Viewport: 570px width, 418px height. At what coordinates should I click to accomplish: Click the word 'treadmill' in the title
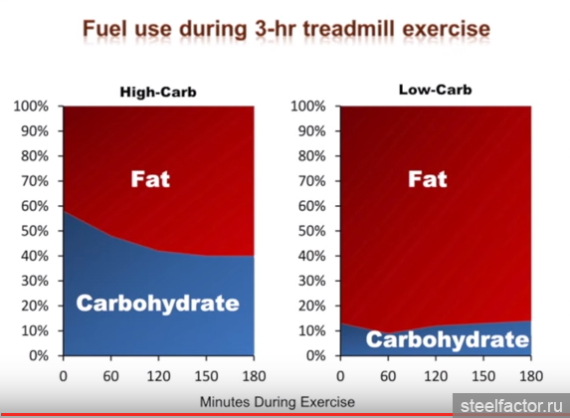click(348, 29)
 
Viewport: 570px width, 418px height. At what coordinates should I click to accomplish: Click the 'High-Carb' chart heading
click(158, 92)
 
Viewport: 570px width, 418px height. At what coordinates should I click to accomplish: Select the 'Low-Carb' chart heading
click(435, 90)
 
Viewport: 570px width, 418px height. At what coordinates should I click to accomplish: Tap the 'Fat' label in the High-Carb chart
click(150, 179)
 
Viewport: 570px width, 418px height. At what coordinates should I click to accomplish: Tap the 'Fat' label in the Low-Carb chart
click(427, 179)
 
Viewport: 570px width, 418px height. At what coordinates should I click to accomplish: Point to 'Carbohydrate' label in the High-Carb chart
click(157, 304)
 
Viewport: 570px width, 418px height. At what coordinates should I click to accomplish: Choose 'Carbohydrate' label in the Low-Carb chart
click(447, 339)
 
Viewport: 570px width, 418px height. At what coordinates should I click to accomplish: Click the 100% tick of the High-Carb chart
click(31, 106)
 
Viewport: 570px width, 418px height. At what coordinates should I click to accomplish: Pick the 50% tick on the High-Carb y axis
click(35, 231)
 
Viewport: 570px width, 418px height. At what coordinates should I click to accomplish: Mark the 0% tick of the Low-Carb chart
click(315, 355)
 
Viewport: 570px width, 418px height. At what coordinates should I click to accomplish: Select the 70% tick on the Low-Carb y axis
click(311, 181)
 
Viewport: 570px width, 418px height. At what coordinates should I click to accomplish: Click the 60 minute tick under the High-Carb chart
click(110, 376)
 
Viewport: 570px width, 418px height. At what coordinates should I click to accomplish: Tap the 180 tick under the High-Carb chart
click(254, 376)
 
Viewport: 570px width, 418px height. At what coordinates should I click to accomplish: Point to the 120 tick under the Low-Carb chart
click(436, 376)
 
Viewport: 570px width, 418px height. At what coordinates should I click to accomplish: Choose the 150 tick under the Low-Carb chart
click(483, 376)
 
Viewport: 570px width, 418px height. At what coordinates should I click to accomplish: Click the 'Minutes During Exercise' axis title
click(278, 402)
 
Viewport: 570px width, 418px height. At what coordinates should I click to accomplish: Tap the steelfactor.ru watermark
click(511, 406)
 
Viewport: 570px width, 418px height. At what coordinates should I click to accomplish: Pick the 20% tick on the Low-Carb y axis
click(311, 306)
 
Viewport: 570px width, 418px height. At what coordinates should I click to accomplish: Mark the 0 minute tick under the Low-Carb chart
click(340, 376)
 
